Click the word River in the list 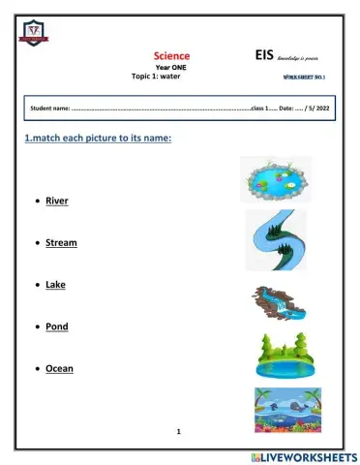pos(57,201)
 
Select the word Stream pos(61,243)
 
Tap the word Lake pos(55,286)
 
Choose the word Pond pos(56,326)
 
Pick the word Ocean pos(59,368)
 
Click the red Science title pos(172,55)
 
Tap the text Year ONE pos(172,67)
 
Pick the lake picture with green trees pos(285,356)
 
